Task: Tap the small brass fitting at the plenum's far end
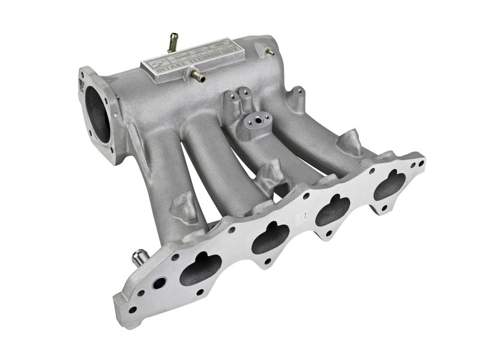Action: click(x=269, y=52)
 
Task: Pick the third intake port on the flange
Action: click(x=334, y=211)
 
